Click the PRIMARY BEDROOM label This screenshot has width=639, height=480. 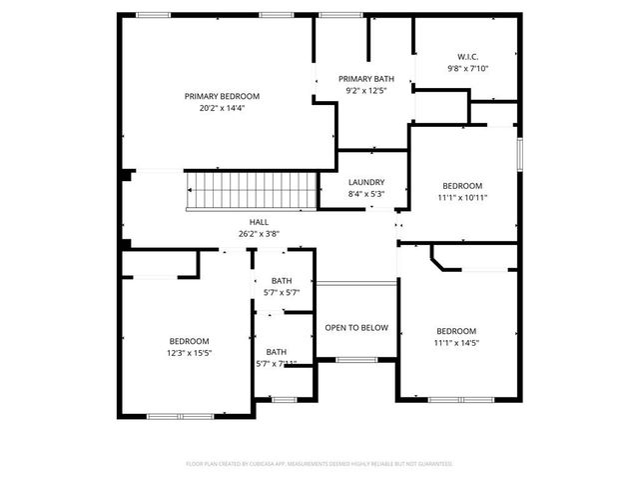(222, 96)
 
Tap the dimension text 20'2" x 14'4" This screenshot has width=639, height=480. (222, 108)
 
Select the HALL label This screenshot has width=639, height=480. (259, 222)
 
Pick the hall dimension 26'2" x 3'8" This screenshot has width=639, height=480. (259, 234)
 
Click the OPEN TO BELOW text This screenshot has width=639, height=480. (356, 327)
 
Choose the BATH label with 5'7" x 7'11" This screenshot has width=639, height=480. (277, 351)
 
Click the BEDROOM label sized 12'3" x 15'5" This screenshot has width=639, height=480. (189, 340)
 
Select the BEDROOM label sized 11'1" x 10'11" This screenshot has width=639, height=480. (462, 186)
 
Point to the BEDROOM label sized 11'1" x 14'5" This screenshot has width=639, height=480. (456, 331)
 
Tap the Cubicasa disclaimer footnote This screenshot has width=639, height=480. (319, 464)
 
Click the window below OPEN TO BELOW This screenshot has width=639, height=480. (355, 359)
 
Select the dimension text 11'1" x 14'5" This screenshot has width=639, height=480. (456, 343)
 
